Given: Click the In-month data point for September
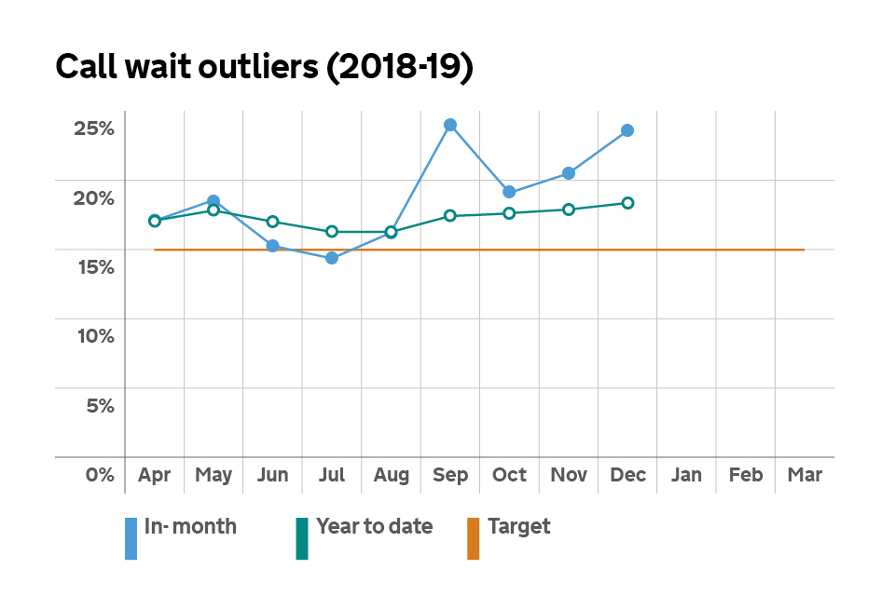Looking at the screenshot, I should [450, 125].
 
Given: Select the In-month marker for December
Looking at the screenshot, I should [627, 130].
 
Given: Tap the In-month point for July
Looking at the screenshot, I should [332, 258].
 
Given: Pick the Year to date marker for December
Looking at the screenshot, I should [627, 203].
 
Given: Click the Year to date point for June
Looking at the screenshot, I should [272, 222].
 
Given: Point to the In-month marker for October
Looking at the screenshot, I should [509, 192].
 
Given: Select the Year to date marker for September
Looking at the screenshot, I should [450, 216].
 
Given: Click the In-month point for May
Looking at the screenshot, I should [213, 201].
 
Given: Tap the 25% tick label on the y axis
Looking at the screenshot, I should [94, 128].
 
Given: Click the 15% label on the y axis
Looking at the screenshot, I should [94, 267].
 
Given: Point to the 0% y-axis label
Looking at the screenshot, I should [99, 475].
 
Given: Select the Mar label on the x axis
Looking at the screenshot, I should [805, 475].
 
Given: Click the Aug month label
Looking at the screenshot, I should [391, 475].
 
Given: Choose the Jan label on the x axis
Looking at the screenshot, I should [686, 475].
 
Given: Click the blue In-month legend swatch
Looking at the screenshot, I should [131, 539].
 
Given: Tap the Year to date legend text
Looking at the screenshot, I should [374, 526].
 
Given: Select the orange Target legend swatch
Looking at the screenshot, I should [473, 539].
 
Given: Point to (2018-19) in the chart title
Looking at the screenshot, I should [399, 69].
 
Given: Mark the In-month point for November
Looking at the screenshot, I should [569, 173].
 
